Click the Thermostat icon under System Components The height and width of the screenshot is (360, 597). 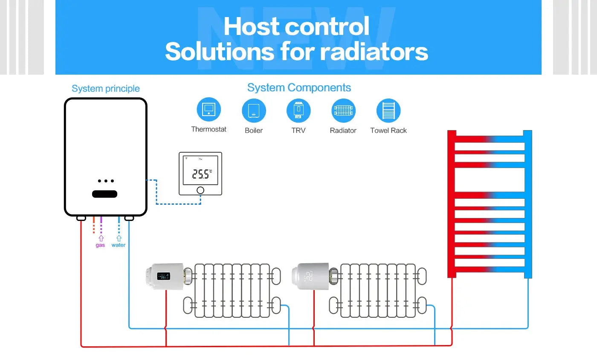pyautogui.click(x=209, y=110)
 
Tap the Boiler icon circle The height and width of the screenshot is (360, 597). pyautogui.click(x=254, y=110)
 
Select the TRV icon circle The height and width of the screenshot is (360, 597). pyautogui.click(x=298, y=110)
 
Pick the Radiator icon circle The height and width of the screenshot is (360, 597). pyautogui.click(x=343, y=110)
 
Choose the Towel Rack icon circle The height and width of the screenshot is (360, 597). pyautogui.click(x=388, y=110)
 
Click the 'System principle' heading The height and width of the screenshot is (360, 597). pyautogui.click(x=106, y=89)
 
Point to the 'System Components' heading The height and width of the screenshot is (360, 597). pyautogui.click(x=299, y=88)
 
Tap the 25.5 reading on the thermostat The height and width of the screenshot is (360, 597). pyautogui.click(x=201, y=174)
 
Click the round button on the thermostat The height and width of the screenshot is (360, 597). pyautogui.click(x=200, y=190)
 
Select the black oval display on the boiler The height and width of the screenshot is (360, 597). pyautogui.click(x=104, y=194)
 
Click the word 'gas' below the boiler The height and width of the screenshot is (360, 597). pyautogui.click(x=100, y=245)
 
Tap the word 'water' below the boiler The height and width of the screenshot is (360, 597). pyautogui.click(x=119, y=245)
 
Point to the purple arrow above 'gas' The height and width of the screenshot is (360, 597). pyautogui.click(x=101, y=238)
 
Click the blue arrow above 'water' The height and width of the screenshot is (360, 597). pyautogui.click(x=119, y=238)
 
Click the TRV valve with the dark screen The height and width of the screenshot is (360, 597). pyautogui.click(x=165, y=276)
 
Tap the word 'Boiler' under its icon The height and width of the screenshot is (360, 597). pyautogui.click(x=254, y=131)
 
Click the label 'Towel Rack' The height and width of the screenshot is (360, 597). pyautogui.click(x=388, y=131)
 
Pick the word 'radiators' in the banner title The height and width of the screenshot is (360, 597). pyautogui.click(x=374, y=52)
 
